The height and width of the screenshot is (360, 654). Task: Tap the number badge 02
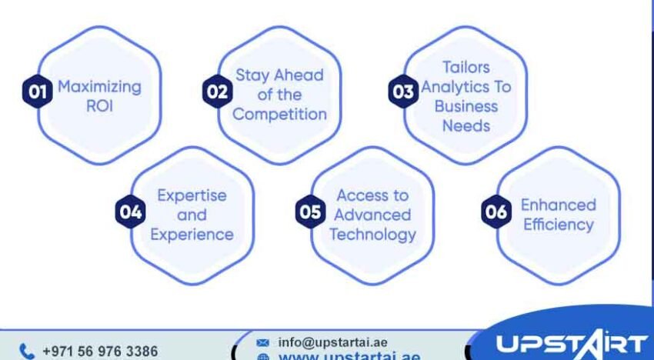(216, 92)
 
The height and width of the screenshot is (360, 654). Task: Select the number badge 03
(402, 92)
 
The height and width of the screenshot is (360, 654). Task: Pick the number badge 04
(130, 213)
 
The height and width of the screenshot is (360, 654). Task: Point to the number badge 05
(310, 212)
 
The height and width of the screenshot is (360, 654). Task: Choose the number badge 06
(496, 212)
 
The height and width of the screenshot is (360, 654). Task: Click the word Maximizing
(100, 86)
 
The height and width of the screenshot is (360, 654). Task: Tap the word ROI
(100, 106)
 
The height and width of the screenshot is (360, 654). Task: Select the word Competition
(279, 114)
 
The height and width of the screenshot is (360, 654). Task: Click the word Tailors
(465, 67)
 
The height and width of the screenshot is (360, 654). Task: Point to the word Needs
(466, 125)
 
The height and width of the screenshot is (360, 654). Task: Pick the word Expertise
(191, 195)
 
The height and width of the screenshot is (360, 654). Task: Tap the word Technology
(372, 234)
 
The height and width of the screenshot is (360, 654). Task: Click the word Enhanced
(558, 205)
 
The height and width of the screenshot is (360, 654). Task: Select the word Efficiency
(558, 225)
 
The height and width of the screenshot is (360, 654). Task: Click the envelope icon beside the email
(263, 342)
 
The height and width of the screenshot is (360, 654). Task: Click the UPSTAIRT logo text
(569, 344)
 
